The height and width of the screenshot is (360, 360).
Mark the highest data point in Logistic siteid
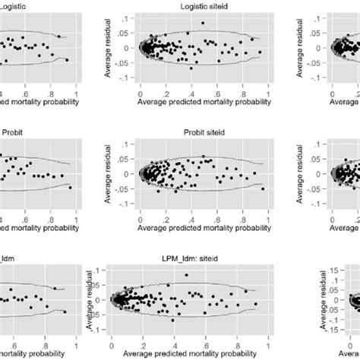click(x=203, y=23)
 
